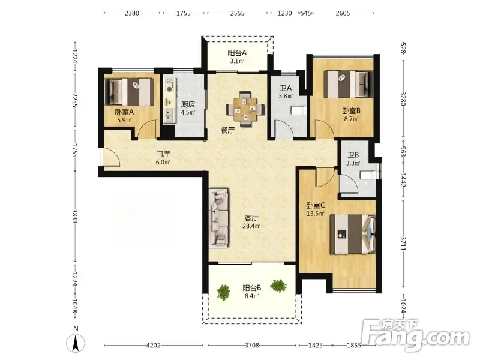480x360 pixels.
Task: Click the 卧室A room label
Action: tap(124, 112)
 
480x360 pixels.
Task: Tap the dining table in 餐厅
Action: tap(245, 109)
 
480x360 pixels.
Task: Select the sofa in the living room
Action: tap(218, 218)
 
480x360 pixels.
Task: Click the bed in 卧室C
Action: tap(353, 234)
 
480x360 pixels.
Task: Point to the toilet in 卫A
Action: tap(298, 110)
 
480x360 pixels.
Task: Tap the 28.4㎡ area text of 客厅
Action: tap(251, 226)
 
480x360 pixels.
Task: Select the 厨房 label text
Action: tap(188, 104)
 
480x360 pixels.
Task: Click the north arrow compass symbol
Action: tap(76, 343)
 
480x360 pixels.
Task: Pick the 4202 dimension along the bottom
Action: tap(153, 346)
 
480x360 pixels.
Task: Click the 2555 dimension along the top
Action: tap(237, 13)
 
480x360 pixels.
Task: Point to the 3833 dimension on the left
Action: tap(74, 216)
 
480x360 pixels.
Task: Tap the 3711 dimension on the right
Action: tap(403, 244)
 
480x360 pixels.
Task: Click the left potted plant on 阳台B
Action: tap(223, 292)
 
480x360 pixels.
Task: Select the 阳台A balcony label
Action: tap(237, 53)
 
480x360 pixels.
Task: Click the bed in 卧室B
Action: tap(349, 84)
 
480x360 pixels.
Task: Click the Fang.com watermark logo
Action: tap(415, 336)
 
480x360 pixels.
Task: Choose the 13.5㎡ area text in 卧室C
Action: tap(316, 214)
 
